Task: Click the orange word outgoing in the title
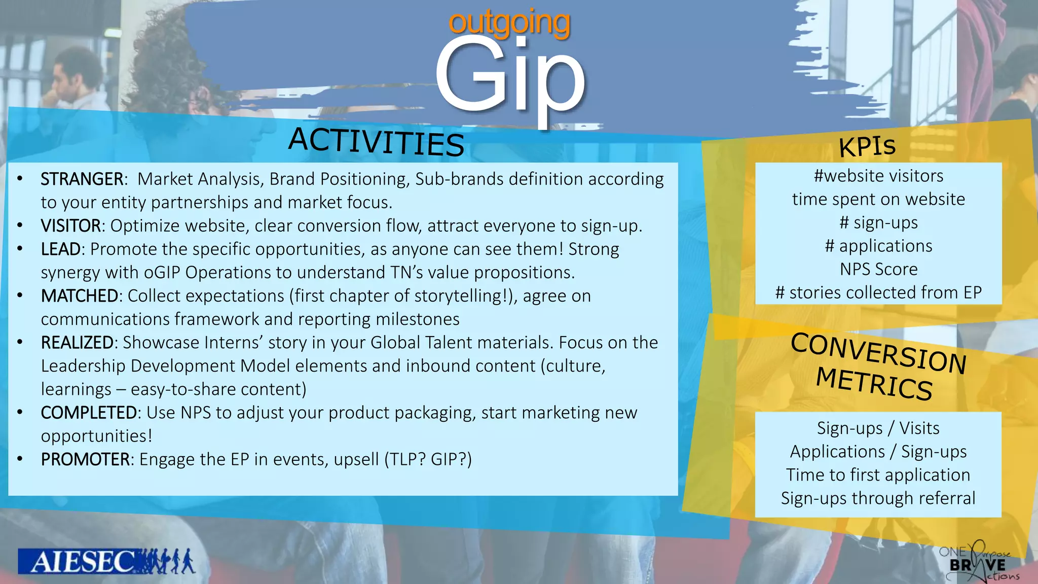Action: click(509, 23)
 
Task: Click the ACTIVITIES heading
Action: click(376, 141)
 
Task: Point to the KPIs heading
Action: click(867, 146)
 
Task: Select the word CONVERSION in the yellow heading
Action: click(878, 353)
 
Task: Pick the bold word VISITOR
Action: click(71, 226)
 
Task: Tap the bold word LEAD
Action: click(61, 249)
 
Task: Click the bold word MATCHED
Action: click(80, 296)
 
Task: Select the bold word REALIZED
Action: click(77, 342)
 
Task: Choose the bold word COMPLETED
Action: click(89, 413)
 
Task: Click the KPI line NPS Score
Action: click(878, 269)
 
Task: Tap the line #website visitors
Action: click(878, 176)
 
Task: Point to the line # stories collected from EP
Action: click(878, 293)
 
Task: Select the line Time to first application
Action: click(878, 475)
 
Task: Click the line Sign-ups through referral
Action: click(878, 498)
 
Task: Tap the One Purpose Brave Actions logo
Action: click(978, 562)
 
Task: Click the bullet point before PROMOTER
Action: click(20, 459)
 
